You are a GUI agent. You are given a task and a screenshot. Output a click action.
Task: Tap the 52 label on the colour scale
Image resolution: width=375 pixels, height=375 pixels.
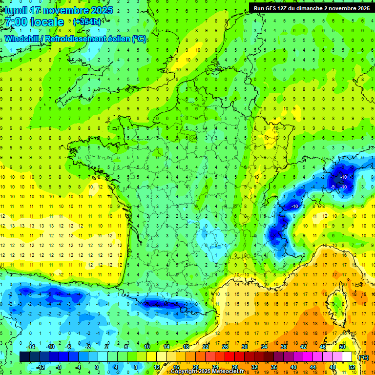pyautogui.click(x=352, y=367)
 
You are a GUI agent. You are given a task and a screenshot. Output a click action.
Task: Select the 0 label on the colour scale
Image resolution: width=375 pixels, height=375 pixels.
pyautogui.click(x=96, y=367)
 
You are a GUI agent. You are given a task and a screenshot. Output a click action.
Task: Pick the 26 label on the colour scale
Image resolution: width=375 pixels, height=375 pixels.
pyautogui.click(x=225, y=347)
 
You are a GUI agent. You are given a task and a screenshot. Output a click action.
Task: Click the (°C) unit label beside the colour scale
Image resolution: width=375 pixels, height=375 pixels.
pyautogui.click(x=363, y=357)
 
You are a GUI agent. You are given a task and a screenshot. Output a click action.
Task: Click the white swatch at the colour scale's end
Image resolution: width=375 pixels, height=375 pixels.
pyautogui.click(x=347, y=357)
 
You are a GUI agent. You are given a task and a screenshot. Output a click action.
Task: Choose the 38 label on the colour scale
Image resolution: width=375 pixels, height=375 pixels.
pyautogui.click(x=284, y=347)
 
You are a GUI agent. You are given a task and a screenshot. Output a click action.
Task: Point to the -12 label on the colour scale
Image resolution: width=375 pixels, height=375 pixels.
pyautogui.click(x=41, y=367)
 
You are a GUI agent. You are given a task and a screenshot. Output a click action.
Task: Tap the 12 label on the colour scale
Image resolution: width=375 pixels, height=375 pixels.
pyautogui.click(x=157, y=367)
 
